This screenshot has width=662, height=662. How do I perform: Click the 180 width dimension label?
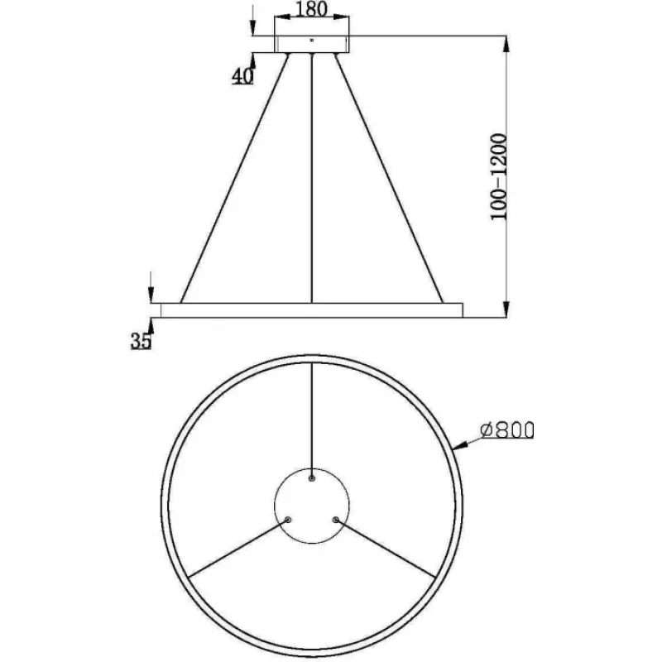coord(312,9)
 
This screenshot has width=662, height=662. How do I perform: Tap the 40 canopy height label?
coord(242,76)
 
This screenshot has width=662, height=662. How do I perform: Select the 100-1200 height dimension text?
coord(498,176)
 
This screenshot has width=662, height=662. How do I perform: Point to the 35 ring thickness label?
coord(141,341)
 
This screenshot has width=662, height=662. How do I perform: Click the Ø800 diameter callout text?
coord(507,430)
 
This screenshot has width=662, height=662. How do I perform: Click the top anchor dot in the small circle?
coord(312,478)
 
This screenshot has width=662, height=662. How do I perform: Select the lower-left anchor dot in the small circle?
coord(288,520)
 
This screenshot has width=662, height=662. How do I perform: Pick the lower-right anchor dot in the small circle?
coord(336,520)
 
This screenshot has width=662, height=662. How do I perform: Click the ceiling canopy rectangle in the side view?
coord(312,44)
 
